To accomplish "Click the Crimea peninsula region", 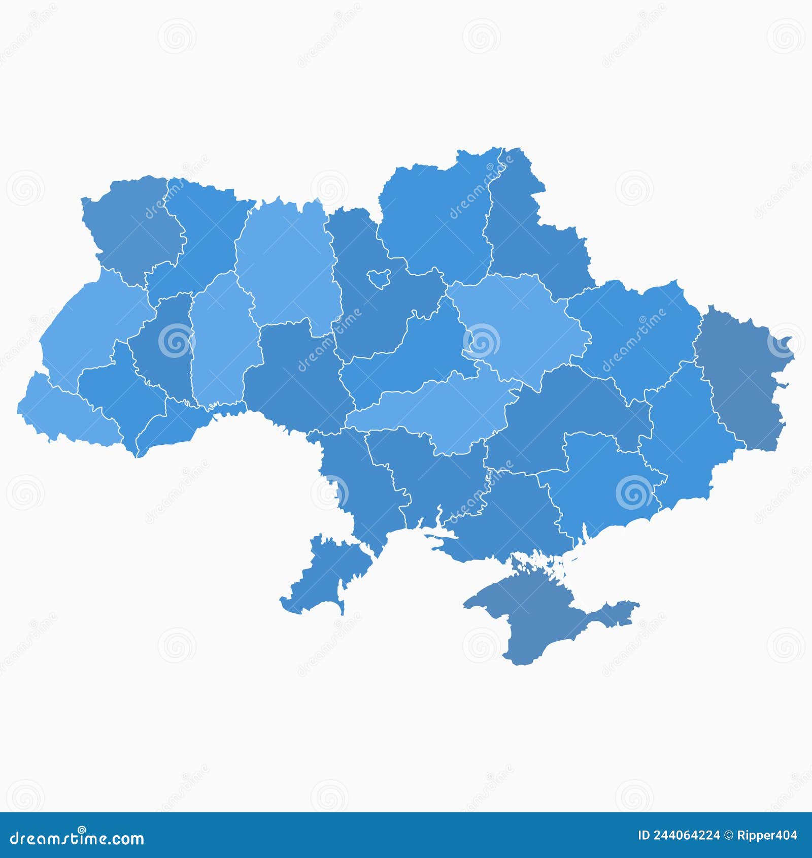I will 533,614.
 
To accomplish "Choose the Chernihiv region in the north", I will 436,218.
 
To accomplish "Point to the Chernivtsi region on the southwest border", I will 173,426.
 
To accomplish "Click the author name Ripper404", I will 766,835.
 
